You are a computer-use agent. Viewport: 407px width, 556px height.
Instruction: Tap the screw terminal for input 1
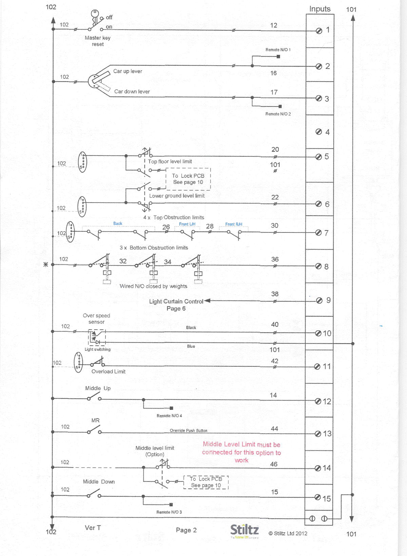click(x=319, y=31)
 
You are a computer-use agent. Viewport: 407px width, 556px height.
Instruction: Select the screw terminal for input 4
click(x=318, y=132)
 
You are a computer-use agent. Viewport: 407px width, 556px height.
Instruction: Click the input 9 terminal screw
click(x=319, y=300)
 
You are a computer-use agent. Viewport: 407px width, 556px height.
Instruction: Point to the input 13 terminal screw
click(x=318, y=434)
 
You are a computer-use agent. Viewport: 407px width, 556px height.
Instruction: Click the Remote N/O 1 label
click(x=278, y=50)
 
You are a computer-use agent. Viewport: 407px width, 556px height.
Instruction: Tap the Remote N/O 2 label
click(x=278, y=114)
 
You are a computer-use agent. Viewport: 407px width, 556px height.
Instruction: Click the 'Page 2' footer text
click(x=186, y=530)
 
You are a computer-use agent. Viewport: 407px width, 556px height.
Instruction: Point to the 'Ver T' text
click(x=93, y=528)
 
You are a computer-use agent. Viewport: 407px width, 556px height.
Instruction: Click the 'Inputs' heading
click(x=319, y=9)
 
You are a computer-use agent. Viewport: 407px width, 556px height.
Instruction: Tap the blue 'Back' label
click(x=118, y=223)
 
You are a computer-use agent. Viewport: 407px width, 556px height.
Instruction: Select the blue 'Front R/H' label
click(x=234, y=224)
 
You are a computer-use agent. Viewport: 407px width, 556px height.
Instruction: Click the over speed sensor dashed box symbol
click(x=97, y=338)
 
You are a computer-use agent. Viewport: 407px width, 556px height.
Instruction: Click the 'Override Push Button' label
click(x=189, y=431)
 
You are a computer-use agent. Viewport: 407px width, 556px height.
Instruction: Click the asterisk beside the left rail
click(x=46, y=264)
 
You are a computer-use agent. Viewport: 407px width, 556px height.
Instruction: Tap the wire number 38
click(x=275, y=294)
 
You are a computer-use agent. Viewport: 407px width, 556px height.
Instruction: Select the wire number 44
click(x=274, y=429)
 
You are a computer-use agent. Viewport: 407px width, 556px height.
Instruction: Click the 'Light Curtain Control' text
click(x=176, y=301)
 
